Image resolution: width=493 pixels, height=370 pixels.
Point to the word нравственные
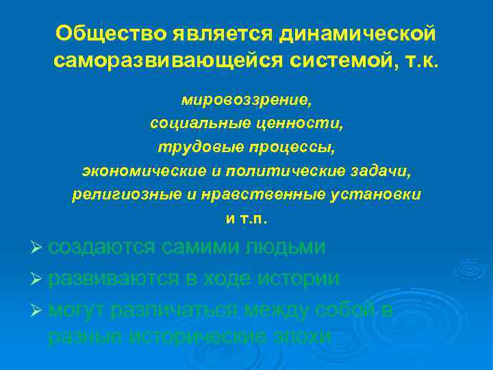coord(253,195)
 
